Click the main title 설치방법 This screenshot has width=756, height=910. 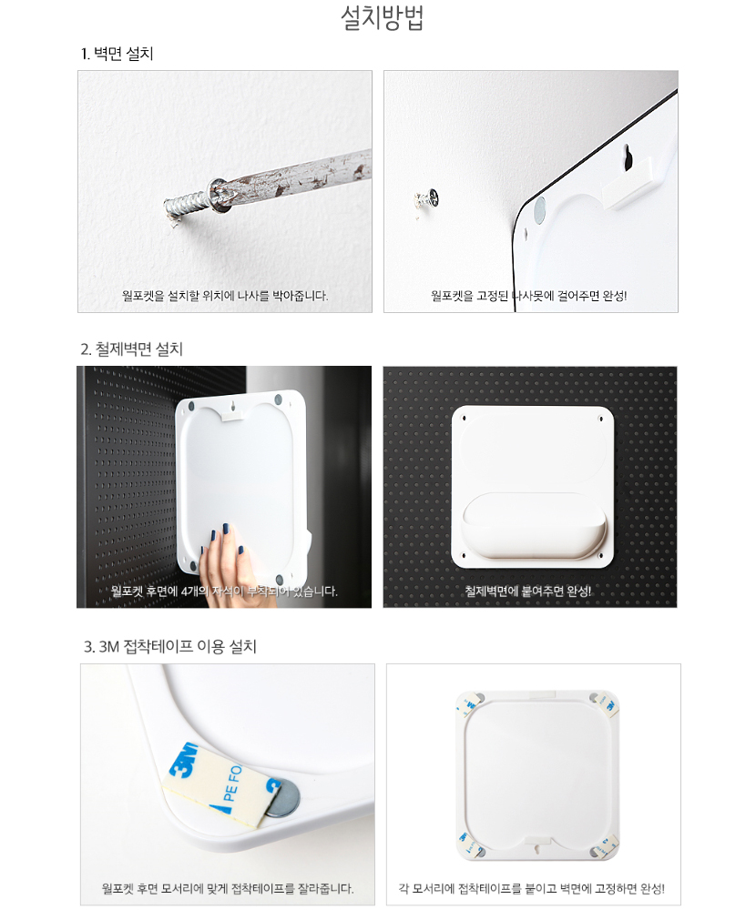click(382, 18)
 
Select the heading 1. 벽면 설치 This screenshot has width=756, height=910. click(117, 54)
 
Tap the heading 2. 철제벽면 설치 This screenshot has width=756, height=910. click(132, 349)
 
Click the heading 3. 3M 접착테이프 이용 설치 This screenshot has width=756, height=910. click(170, 646)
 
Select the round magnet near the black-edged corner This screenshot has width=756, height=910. click(539, 208)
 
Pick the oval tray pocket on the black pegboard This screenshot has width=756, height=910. click(534, 526)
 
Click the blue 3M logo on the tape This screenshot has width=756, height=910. click(184, 760)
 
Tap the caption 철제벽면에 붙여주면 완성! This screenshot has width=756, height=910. click(527, 591)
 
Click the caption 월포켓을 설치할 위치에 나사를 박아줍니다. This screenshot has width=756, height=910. click(225, 296)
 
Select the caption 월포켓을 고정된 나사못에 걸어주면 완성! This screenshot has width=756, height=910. click(529, 296)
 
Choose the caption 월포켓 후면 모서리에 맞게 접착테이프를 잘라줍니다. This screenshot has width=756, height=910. click(228, 888)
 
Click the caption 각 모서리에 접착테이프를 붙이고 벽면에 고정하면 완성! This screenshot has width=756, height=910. click(532, 888)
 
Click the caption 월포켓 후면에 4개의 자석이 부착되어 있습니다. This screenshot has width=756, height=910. click(224, 591)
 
